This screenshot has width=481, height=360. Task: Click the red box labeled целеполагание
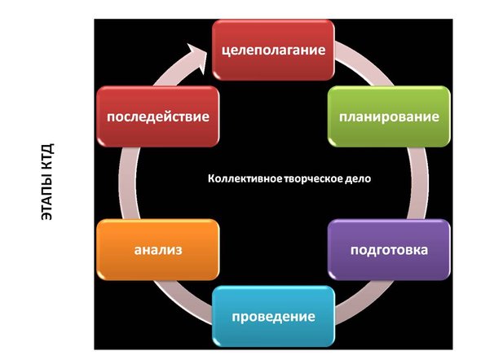[273, 50]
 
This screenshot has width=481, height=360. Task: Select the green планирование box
[389, 116]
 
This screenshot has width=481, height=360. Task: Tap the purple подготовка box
[389, 250]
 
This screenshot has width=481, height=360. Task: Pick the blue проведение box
[273, 316]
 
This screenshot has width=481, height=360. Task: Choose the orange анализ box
[157, 250]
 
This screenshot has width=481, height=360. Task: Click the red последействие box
[157, 116]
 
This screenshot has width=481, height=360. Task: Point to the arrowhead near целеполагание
[198, 58]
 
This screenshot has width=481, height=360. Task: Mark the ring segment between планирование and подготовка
[419, 183]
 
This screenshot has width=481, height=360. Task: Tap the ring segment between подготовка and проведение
[365, 302]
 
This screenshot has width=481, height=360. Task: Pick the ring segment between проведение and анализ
[182, 302]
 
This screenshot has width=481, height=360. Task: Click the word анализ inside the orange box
[158, 250]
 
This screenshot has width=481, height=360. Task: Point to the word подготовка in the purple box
[389, 250]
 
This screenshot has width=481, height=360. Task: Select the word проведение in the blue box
[273, 317]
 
